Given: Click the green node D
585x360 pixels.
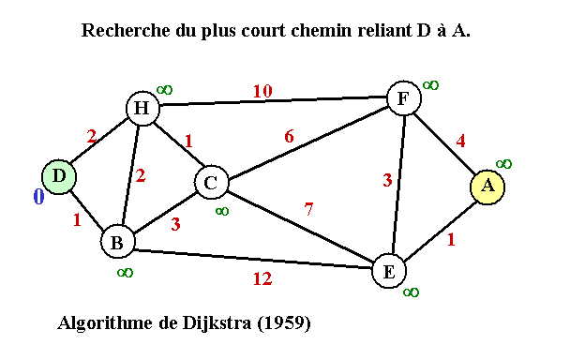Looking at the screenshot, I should (x=58, y=176).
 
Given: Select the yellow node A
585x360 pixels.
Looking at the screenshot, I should (x=487, y=186).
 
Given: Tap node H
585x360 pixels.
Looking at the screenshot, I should (x=142, y=109).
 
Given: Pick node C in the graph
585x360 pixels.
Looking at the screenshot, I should (x=211, y=183).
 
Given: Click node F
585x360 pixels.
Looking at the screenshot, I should (x=403, y=98).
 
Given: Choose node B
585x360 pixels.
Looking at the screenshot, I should (x=116, y=242).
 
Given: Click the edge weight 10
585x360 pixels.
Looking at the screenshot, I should (x=262, y=91).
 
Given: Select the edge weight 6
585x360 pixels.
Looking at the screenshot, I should (x=289, y=136).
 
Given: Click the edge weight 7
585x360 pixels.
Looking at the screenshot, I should (x=309, y=209).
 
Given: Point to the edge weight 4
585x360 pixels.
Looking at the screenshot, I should (x=460, y=142).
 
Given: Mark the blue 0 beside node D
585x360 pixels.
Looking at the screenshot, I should (x=38, y=197).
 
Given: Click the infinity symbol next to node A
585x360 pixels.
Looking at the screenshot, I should (x=503, y=163).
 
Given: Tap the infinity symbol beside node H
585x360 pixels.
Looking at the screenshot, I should (x=164, y=89).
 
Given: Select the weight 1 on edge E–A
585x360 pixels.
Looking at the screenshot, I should (x=451, y=239).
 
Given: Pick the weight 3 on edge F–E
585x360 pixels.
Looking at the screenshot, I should (x=387, y=181).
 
